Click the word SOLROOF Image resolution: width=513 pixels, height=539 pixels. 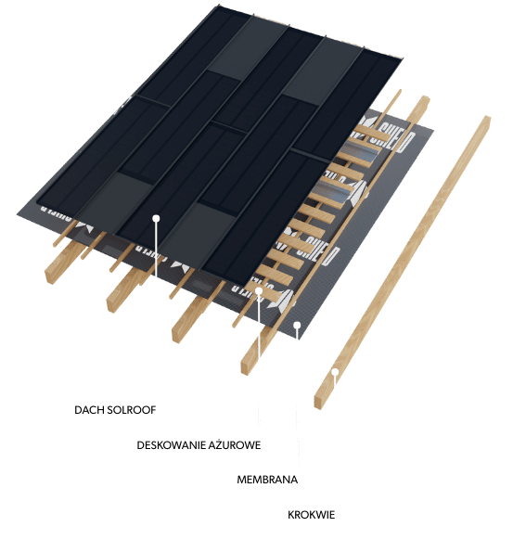[x=132, y=410]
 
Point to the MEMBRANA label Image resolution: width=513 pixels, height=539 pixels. [x=267, y=480]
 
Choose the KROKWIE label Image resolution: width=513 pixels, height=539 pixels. [x=311, y=515]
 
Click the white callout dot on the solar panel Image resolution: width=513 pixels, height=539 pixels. [x=156, y=218]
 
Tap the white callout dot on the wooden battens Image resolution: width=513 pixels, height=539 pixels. [x=259, y=291]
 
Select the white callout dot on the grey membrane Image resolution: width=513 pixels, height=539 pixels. [x=297, y=325]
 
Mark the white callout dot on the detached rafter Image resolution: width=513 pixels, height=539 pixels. [x=335, y=372]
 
